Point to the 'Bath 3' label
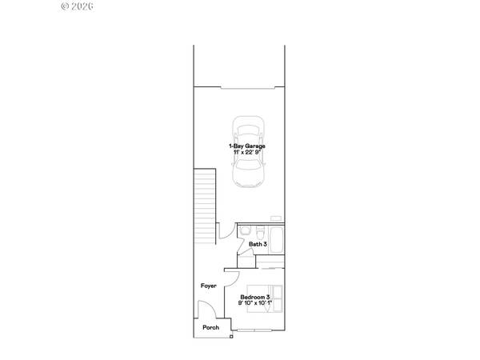(x=258, y=244)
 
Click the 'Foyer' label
(x=208, y=286)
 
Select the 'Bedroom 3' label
(x=255, y=298)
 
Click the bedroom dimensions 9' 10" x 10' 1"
(x=255, y=304)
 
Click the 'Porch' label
(x=210, y=328)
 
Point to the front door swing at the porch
(x=205, y=313)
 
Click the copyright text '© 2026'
(x=78, y=6)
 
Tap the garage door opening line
(x=239, y=84)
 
